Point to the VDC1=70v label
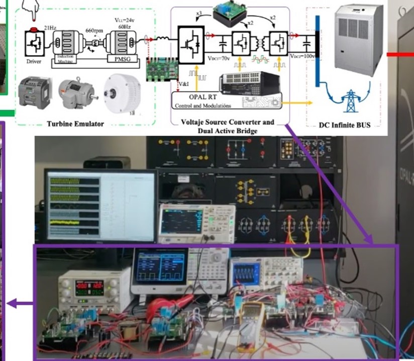pyautogui.click(x=219, y=58)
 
